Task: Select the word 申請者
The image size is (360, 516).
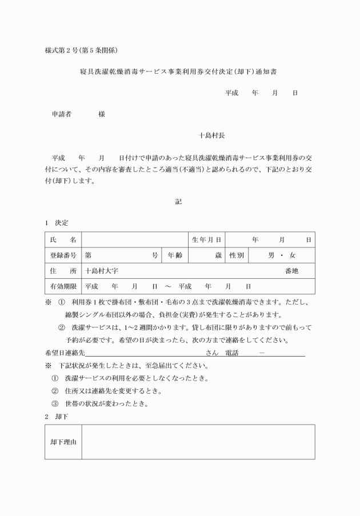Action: [62, 114]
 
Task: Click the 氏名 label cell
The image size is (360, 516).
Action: [63, 240]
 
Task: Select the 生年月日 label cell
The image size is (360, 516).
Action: [206, 240]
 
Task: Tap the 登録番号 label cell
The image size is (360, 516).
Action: [63, 255]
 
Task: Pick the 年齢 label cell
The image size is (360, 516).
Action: [174, 255]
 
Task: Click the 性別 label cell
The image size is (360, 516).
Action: [237, 255]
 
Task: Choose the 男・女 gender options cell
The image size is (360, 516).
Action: [282, 255]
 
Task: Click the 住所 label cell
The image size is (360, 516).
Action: [63, 271]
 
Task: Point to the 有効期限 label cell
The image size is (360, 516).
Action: [63, 286]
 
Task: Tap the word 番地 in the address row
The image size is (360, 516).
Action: [291, 271]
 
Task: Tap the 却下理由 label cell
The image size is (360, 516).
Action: [63, 442]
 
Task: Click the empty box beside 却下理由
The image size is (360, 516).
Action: [198, 442]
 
